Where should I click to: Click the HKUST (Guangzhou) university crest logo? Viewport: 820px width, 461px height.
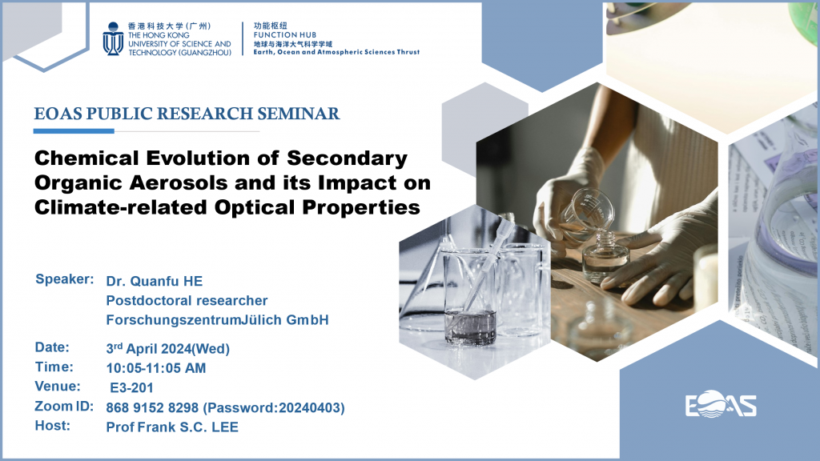coord(113,38)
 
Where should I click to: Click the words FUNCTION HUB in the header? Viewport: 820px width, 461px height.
coord(285,35)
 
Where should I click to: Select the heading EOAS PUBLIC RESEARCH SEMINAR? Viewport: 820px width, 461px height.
coord(187,114)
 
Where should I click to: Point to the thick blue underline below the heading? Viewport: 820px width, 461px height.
coord(74,131)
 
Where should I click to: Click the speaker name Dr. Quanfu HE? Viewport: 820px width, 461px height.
coord(155,281)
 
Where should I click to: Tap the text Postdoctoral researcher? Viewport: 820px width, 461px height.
coord(187,301)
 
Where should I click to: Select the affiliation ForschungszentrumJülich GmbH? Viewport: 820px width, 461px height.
coord(218,320)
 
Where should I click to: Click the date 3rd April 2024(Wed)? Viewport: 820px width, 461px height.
coord(168,349)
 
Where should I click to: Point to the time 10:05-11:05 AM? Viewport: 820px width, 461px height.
coord(156,368)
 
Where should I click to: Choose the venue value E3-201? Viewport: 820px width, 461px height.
coord(132,388)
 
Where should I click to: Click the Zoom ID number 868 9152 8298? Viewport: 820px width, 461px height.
coord(152,407)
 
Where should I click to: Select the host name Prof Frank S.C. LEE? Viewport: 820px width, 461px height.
coord(172,427)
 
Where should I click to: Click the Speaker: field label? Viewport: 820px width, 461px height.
coord(64,279)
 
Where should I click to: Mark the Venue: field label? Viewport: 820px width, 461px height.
coord(58,387)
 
